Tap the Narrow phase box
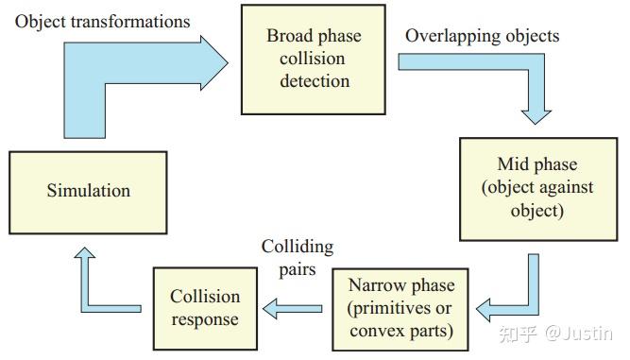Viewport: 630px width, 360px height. (x=401, y=309)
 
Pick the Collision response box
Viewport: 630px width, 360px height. (x=205, y=308)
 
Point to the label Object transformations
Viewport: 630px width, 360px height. (x=102, y=21)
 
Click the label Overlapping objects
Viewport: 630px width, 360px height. (x=483, y=36)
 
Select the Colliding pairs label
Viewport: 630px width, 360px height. (x=298, y=258)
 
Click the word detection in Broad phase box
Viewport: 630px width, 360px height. (x=315, y=80)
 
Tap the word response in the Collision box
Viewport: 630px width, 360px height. (x=205, y=319)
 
